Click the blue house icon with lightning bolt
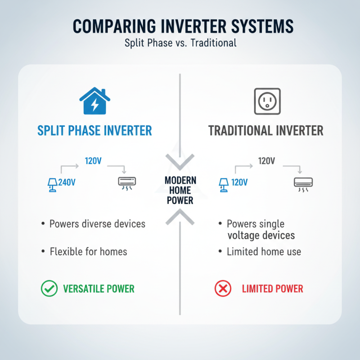pyautogui.click(x=94, y=102)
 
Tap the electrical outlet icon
pyautogui.click(x=267, y=101)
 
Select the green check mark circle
pyautogui.click(x=49, y=288)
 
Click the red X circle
pyautogui.click(x=222, y=288)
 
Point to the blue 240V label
pyautogui.click(x=67, y=183)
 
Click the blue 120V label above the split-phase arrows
pyautogui.click(x=93, y=161)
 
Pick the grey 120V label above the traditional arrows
pyautogui.click(x=266, y=161)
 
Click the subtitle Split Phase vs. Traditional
pyautogui.click(x=180, y=44)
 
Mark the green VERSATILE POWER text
pyautogui.click(x=99, y=288)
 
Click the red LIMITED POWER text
pyautogui.click(x=272, y=288)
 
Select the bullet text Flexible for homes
pyautogui.click(x=88, y=252)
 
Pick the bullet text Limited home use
pyautogui.click(x=264, y=252)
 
